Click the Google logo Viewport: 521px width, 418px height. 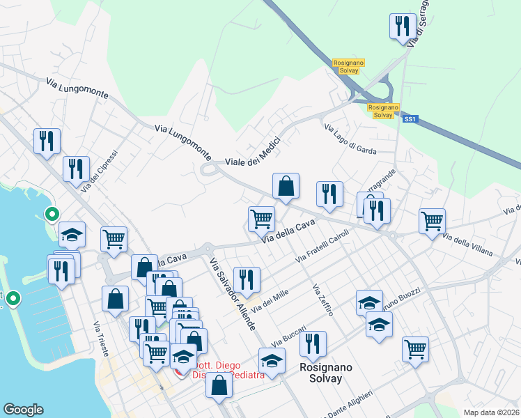[x=23, y=410]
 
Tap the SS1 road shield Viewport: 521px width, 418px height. [x=410, y=119]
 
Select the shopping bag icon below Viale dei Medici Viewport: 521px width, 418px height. [x=286, y=186]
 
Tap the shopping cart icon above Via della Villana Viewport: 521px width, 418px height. [x=432, y=222]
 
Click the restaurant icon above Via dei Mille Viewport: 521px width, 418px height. [x=247, y=279]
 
